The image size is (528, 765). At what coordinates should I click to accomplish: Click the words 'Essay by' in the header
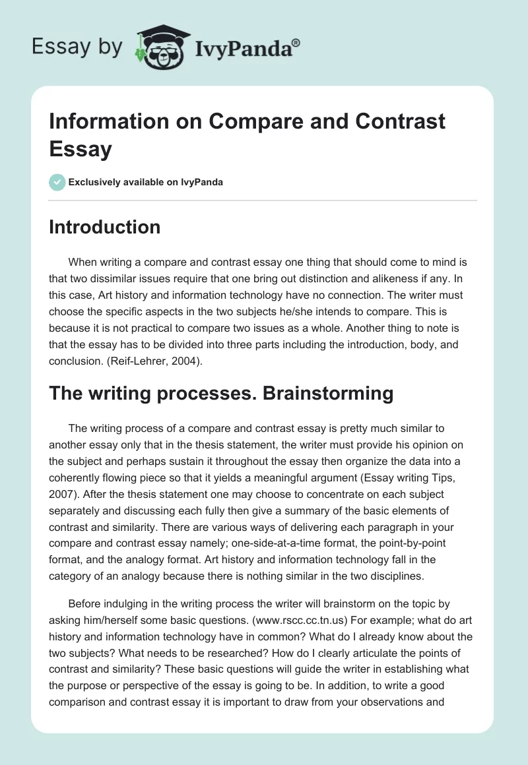pos(78,47)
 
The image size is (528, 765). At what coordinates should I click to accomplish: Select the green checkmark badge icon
pos(57,182)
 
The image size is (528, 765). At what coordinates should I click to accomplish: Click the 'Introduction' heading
pos(105,227)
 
